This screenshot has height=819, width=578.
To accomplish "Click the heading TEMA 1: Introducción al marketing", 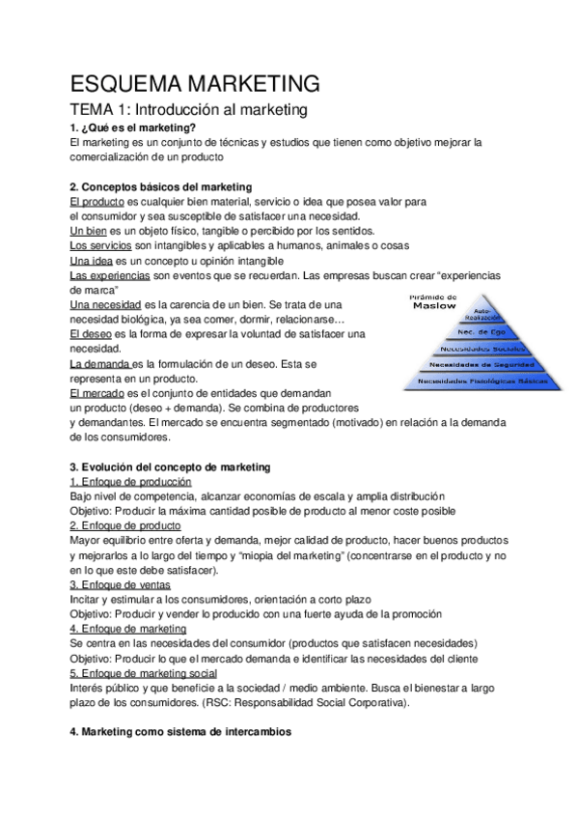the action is click(189, 110).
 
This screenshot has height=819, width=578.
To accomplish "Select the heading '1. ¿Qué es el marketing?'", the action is click(133, 127).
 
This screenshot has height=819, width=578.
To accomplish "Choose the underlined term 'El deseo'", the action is click(90, 333).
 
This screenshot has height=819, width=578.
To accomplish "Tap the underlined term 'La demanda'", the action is click(100, 363).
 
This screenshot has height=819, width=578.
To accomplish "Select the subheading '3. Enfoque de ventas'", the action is click(121, 584).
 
